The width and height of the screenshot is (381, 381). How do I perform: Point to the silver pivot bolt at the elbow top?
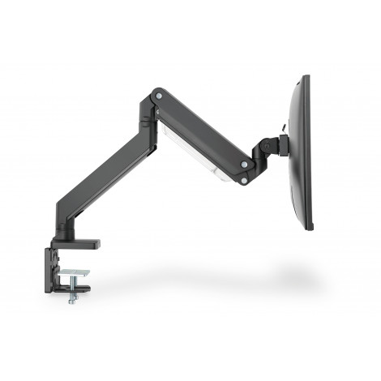coord(158,97)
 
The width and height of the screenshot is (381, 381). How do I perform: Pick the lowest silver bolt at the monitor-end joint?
coord(243,180)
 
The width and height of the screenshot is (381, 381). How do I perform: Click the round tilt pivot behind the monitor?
coord(267,147)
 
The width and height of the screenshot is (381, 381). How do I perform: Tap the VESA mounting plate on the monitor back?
coord(285,144)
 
